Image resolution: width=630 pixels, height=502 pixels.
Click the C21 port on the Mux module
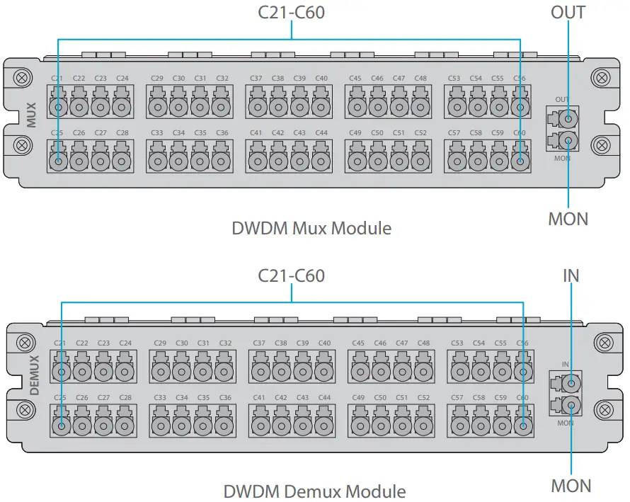tap(57, 107)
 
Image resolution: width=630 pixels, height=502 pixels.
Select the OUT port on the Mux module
tap(566, 117)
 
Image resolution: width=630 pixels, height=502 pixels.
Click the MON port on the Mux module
tap(566, 139)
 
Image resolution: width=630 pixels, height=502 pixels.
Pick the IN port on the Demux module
tap(568, 383)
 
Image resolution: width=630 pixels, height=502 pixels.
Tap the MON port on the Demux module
tap(568, 406)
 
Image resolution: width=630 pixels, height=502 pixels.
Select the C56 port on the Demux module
tap(523, 372)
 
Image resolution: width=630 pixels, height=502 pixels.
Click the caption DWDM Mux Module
tap(311, 228)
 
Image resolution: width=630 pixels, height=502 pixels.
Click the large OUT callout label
tap(568, 12)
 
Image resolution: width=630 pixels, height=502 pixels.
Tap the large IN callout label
tap(571, 275)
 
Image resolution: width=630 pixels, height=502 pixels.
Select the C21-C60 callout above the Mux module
tap(291, 12)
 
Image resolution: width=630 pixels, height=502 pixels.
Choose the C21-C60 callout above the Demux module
tap(291, 275)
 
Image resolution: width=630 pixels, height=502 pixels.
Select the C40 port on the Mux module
tap(321, 107)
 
